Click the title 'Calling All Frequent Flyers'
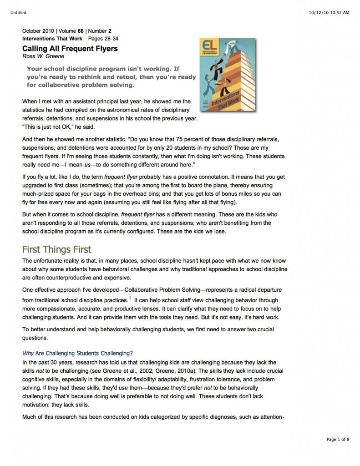(70, 49)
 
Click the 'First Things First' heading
(57, 249)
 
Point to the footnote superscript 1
(130, 298)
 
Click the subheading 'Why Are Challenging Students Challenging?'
(77, 353)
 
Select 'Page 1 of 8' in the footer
(338, 439)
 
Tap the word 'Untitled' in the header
(18, 13)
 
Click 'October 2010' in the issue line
(38, 31)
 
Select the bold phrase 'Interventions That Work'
(52, 39)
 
